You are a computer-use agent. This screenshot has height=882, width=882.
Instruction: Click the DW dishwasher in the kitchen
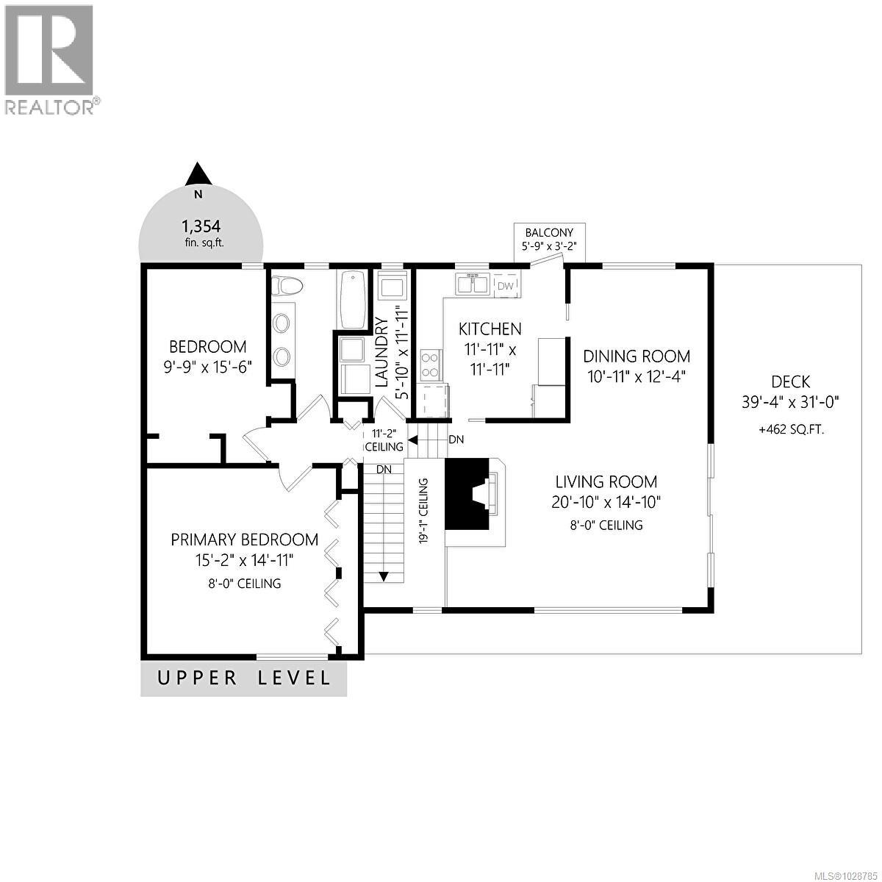click(x=506, y=285)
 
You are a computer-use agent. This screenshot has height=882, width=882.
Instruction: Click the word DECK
click(x=790, y=381)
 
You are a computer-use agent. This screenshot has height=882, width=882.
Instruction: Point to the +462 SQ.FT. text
click(x=791, y=429)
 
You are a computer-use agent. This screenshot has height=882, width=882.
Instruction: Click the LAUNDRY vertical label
click(x=381, y=351)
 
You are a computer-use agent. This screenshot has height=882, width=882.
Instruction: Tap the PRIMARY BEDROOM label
click(x=245, y=539)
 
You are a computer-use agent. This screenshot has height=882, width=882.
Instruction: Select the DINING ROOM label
click(x=637, y=356)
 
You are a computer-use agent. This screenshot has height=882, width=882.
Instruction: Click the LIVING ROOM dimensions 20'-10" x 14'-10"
click(x=606, y=503)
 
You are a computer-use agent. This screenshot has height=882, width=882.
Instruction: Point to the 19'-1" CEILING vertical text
click(x=425, y=510)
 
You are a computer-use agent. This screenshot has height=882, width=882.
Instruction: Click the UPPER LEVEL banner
click(x=243, y=678)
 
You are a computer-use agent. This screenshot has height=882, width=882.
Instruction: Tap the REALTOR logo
click(x=50, y=59)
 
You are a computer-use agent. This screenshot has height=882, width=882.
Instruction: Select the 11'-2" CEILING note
click(x=384, y=440)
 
